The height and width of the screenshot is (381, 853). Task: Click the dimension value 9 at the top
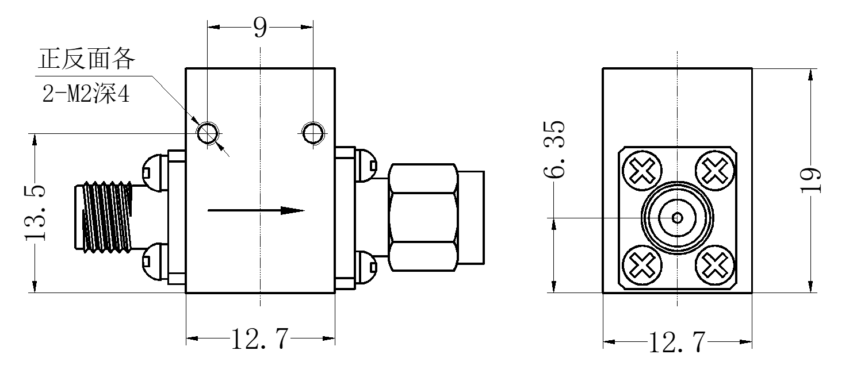[x=260, y=28]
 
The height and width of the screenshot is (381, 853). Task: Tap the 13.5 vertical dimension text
[x=36, y=213]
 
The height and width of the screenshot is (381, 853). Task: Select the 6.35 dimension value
[x=554, y=149]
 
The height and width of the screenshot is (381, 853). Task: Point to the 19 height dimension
[x=810, y=180]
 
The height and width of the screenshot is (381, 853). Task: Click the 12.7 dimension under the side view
[x=260, y=339]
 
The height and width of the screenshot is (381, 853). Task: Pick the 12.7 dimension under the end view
[x=676, y=342]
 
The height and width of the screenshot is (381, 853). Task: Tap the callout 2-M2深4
[x=86, y=94]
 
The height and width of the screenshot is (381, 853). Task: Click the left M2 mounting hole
[x=208, y=133]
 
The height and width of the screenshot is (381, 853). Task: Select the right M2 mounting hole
[x=313, y=133]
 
